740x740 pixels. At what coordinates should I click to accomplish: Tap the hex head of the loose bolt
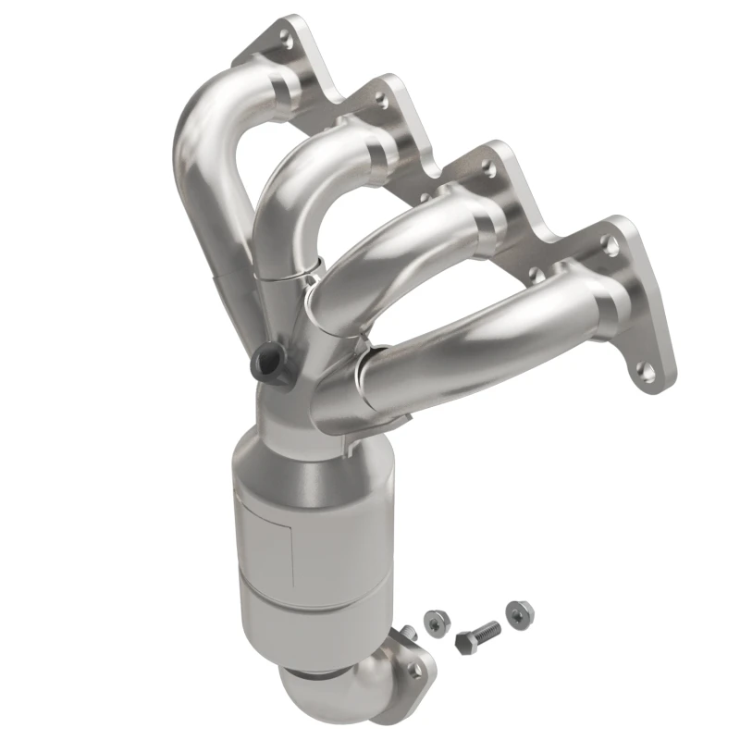click(465, 639)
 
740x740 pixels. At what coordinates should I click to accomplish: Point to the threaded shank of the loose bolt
click(487, 631)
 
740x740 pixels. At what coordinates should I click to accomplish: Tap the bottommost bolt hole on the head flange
click(647, 372)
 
